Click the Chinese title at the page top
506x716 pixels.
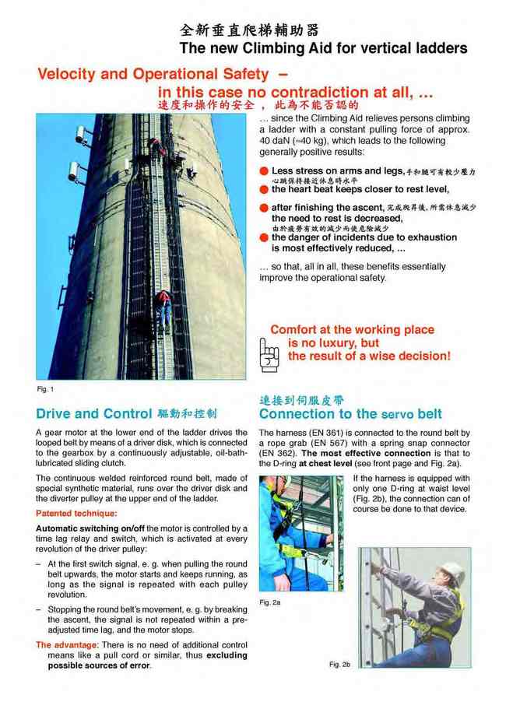coord(249,30)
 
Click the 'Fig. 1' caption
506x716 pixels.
coord(45,388)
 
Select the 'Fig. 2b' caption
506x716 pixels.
coord(339,664)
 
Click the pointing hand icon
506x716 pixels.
coord(269,355)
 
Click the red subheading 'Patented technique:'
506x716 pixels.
coord(76,514)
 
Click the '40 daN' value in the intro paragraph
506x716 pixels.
coord(275,141)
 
